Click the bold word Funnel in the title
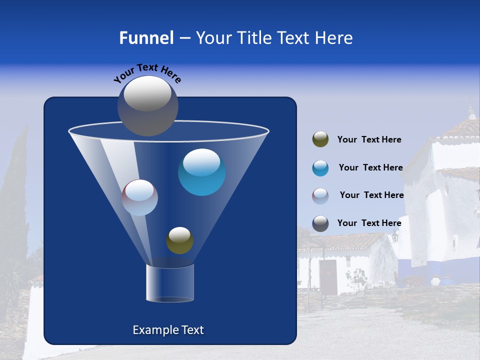tap(146, 38)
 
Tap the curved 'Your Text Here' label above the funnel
tap(147, 73)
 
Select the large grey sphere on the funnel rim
tap(147, 105)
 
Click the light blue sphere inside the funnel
tap(201, 172)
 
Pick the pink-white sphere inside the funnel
tap(139, 197)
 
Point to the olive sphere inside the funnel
tap(179, 240)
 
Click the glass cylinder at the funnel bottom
tap(169, 283)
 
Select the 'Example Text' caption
tap(168, 330)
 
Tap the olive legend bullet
tap(320, 139)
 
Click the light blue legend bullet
tap(320, 168)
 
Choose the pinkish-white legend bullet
tap(320, 195)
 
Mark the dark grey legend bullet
tap(320, 223)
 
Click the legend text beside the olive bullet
tap(369, 140)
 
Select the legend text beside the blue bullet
tap(370, 167)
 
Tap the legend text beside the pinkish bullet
tap(371, 195)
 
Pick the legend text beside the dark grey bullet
tap(369, 223)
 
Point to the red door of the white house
tap(328, 276)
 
